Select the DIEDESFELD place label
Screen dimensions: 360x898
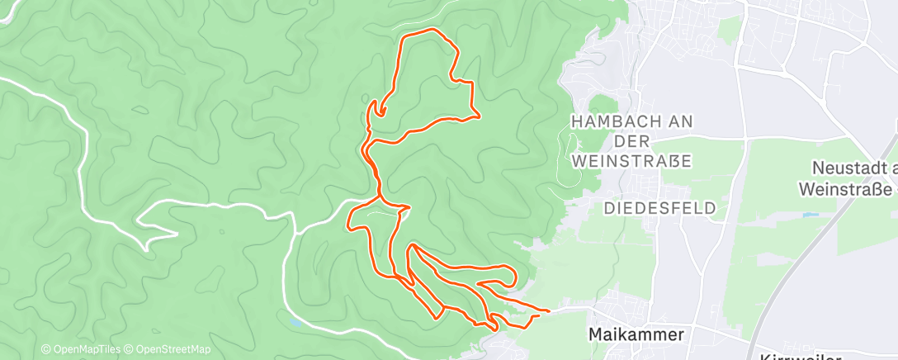659,207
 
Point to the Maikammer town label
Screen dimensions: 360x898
636,334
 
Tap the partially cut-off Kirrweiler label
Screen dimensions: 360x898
798,356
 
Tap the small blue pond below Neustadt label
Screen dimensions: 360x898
806,215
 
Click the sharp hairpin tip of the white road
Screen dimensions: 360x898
144,246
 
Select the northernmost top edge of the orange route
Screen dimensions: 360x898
427,31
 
